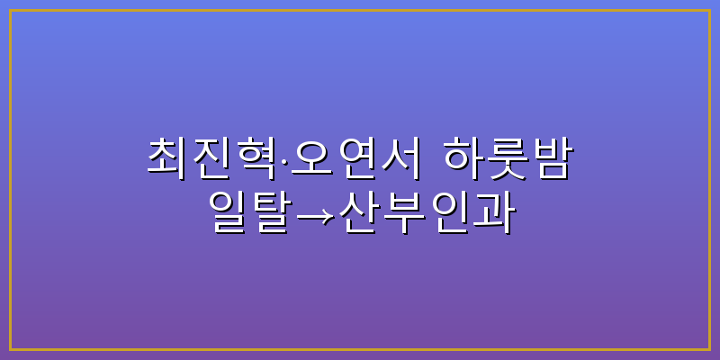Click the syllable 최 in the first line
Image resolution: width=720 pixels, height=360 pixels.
[x=167, y=157]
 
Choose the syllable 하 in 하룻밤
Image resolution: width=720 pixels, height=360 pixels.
[x=463, y=157]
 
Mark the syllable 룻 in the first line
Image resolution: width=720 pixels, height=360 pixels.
[x=508, y=157]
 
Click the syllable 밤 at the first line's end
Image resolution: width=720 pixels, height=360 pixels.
[x=552, y=157]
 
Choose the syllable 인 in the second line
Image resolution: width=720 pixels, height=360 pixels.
[x=448, y=211]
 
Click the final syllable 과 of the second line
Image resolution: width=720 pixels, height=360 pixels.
[x=493, y=211]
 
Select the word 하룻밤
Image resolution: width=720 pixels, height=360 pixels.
[x=508, y=157]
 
